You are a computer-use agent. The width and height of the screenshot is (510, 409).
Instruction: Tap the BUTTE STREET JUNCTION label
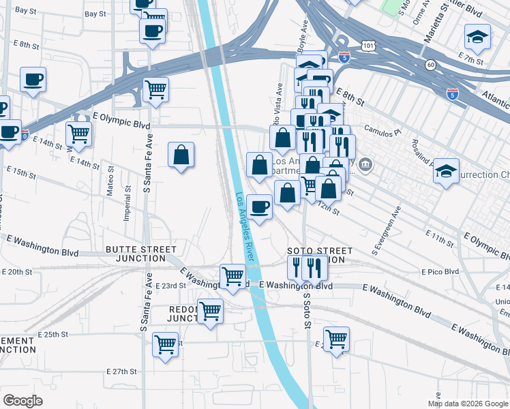(x=135, y=254)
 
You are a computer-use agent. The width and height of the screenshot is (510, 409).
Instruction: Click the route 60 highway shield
(x=430, y=64)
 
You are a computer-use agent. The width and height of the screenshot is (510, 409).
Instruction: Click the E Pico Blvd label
(x=440, y=272)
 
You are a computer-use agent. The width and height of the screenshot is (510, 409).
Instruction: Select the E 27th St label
(x=122, y=372)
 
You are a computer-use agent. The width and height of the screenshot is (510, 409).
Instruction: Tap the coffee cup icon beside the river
(x=259, y=207)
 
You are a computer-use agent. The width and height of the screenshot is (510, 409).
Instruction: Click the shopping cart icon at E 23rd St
(x=232, y=277)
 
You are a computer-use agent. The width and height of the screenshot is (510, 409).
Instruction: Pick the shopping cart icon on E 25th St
(x=166, y=344)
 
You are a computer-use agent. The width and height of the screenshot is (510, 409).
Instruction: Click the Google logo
(x=22, y=401)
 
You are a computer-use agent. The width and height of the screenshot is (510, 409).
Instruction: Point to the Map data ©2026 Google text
(x=467, y=404)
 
